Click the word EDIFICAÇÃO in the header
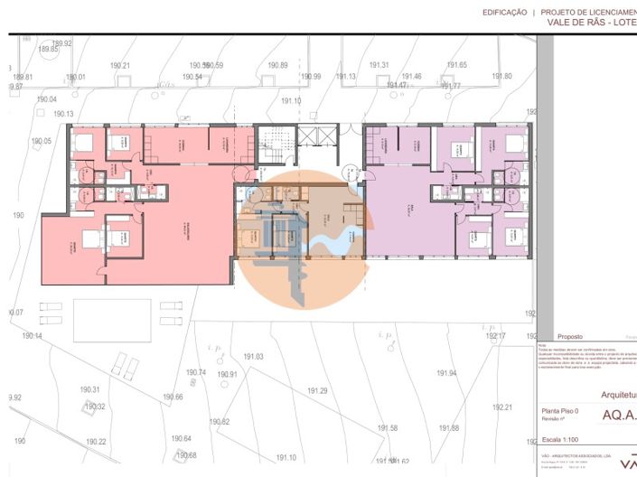[x=503, y=13]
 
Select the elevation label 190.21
[x=120, y=66]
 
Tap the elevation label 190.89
[x=278, y=66]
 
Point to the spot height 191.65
[x=457, y=65]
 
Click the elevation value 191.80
[x=502, y=77]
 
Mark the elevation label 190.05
[x=42, y=142]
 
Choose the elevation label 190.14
[x=32, y=336]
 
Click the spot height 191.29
[x=317, y=390]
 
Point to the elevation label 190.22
[x=96, y=442]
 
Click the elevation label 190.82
[x=220, y=422]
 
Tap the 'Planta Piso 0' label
[x=559, y=411]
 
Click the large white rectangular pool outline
[x=112, y=320]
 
